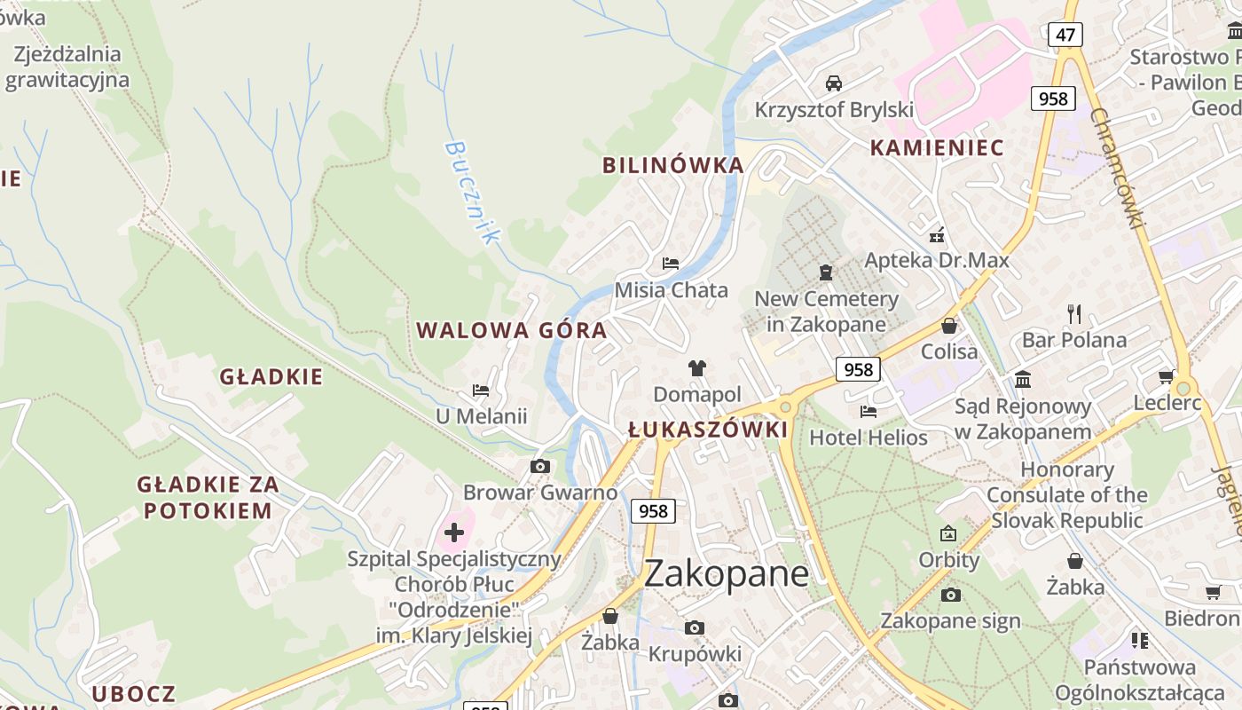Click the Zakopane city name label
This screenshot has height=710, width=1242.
tap(726, 574)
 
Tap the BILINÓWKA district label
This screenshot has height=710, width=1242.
tap(672, 165)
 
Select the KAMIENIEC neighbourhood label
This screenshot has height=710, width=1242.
tap(937, 148)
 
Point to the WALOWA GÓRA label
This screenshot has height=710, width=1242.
tap(512, 331)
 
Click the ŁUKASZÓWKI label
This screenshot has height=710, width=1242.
tap(708, 430)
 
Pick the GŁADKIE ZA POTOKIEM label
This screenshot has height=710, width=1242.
tap(208, 497)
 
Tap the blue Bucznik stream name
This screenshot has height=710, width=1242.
tap(472, 191)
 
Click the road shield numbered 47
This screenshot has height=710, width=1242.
tap(1065, 35)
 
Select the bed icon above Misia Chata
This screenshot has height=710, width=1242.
tap(671, 264)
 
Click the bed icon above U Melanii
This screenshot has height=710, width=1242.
tap(481, 390)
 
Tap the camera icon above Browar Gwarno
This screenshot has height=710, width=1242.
tap(539, 467)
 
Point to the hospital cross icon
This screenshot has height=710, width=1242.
tap(454, 532)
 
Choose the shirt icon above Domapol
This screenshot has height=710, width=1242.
tap(696, 368)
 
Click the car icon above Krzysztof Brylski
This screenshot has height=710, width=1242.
tap(833, 83)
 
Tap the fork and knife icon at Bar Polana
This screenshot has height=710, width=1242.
tap(1074, 313)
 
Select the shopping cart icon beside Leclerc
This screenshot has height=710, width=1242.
tap(1167, 377)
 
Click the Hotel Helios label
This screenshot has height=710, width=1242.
tap(868, 438)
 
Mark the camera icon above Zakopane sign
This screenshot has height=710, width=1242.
tap(950, 595)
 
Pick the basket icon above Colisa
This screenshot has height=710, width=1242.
tap(948, 326)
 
